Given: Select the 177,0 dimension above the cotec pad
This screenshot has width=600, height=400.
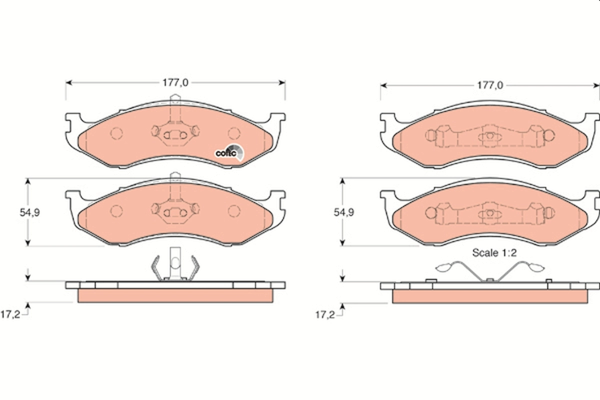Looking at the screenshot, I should pyautogui.click(x=174, y=82).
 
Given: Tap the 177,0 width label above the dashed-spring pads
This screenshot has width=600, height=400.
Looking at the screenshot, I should pyautogui.click(x=489, y=85).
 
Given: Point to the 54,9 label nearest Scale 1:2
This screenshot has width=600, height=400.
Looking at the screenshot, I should pyautogui.click(x=343, y=212).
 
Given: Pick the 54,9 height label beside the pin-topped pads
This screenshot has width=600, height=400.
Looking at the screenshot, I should pyautogui.click(x=29, y=212).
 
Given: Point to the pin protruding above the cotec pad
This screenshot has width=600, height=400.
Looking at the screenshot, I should pyautogui.click(x=175, y=99).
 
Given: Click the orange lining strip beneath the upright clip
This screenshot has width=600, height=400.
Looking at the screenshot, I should pyautogui.click(x=175, y=296).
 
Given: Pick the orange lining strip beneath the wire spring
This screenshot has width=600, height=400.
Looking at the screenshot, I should pyautogui.click(x=490, y=297).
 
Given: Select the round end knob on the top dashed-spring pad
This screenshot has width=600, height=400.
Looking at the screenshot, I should pyautogui.click(x=548, y=135).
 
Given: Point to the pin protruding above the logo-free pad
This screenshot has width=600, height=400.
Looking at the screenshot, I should pyautogui.click(x=174, y=176).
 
